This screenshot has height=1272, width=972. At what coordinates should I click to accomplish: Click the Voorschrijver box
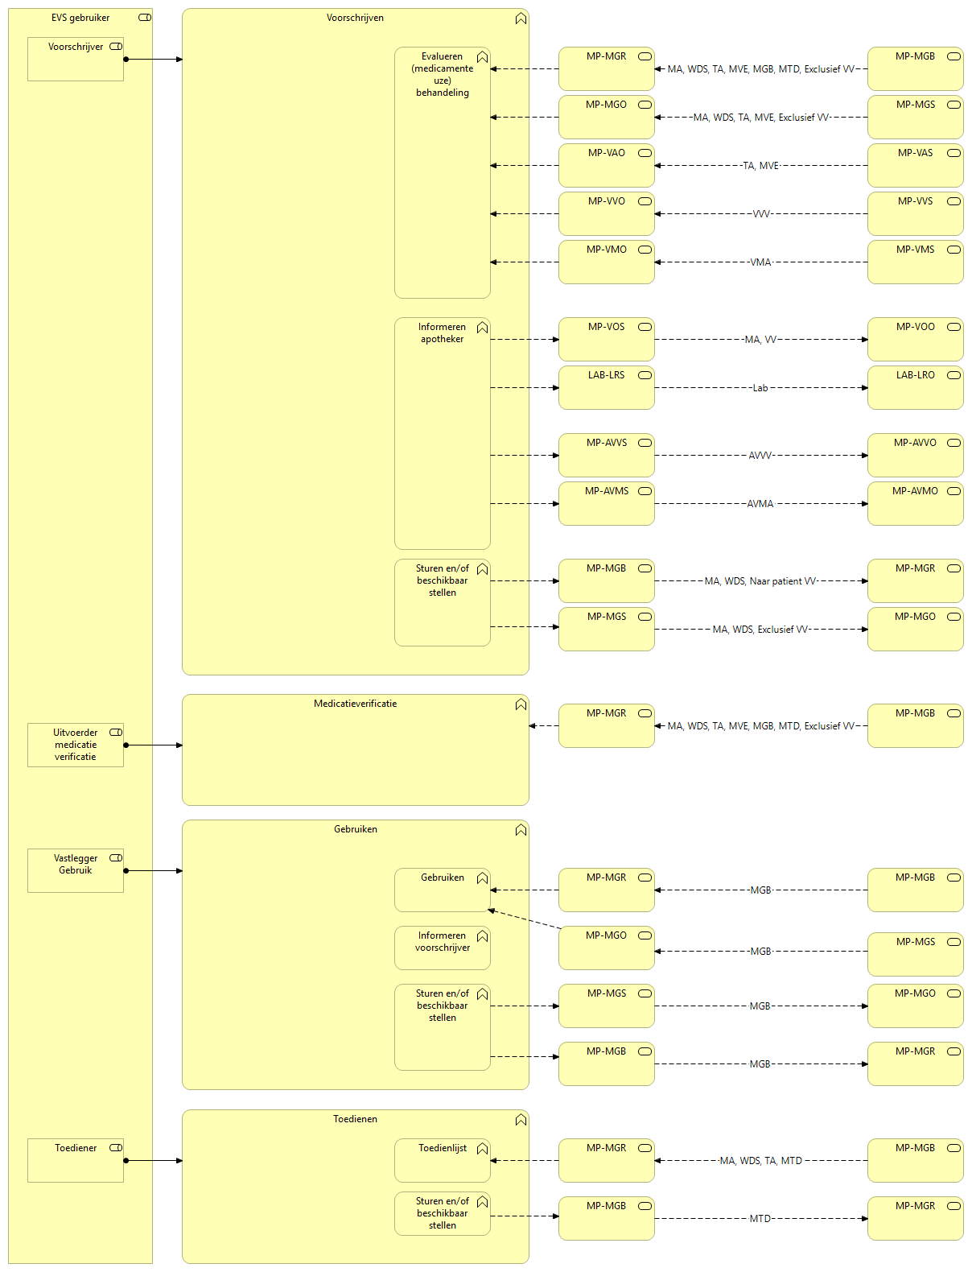pyautogui.click(x=76, y=59)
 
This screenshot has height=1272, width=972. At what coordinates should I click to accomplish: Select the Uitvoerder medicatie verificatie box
pyautogui.click(x=76, y=745)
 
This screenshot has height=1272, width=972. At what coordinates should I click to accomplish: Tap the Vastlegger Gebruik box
pyautogui.click(x=76, y=870)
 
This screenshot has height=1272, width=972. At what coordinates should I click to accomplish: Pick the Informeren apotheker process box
pyautogui.click(x=443, y=433)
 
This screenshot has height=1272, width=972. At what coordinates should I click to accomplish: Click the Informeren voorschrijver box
pyautogui.click(x=443, y=948)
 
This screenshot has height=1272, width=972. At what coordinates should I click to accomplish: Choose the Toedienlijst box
pyautogui.click(x=443, y=1160)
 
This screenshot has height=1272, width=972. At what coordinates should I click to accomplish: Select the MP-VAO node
pyautogui.click(x=606, y=165)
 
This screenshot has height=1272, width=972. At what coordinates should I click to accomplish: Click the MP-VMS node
pyautogui.click(x=915, y=262)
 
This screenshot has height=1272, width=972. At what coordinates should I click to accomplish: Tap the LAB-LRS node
pyautogui.click(x=606, y=387)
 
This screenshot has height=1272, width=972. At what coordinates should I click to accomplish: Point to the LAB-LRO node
pyautogui.click(x=915, y=387)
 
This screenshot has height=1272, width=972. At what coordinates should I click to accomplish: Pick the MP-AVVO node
pyautogui.click(x=915, y=455)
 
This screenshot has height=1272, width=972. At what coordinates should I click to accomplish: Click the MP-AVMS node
pyautogui.click(x=606, y=503)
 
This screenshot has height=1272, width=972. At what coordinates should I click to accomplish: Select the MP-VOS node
pyautogui.click(x=606, y=339)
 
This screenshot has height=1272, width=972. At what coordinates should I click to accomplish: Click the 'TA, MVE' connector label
pyautogui.click(x=760, y=166)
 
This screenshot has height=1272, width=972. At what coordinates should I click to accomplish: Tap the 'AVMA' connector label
pyautogui.click(x=760, y=504)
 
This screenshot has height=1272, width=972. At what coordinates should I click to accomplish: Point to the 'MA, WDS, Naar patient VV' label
pyautogui.click(x=760, y=580)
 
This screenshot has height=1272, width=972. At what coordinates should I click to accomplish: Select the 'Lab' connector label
pyautogui.click(x=760, y=388)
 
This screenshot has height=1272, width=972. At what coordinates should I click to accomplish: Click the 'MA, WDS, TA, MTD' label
pyautogui.click(x=760, y=1160)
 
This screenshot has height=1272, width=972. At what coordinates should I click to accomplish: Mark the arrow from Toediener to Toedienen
pyautogui.click(x=154, y=1160)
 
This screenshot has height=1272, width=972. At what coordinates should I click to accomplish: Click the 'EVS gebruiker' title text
pyautogui.click(x=80, y=18)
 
